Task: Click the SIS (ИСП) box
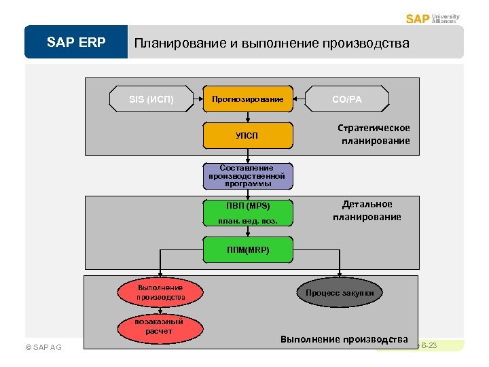151,99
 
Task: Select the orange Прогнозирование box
248,99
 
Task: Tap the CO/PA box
347,99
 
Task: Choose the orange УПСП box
248,135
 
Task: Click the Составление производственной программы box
248,175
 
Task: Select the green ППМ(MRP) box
248,249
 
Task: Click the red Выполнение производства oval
160,292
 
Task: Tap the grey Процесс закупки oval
340,292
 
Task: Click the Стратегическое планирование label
374,135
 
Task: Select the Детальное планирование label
367,211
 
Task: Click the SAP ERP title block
76,43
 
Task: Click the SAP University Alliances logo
433,18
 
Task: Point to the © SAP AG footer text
43,347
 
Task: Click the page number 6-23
429,346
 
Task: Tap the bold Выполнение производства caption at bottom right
344,339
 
